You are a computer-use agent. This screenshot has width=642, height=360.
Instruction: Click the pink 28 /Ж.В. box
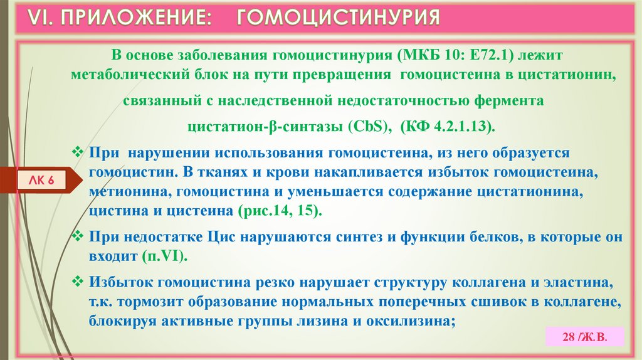coord(584,336)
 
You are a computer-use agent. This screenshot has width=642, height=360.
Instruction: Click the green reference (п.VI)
coord(164,257)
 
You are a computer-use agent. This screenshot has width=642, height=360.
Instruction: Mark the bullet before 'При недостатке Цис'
coord(79,237)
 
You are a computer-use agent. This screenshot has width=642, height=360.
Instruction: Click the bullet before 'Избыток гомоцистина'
coord(79,282)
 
